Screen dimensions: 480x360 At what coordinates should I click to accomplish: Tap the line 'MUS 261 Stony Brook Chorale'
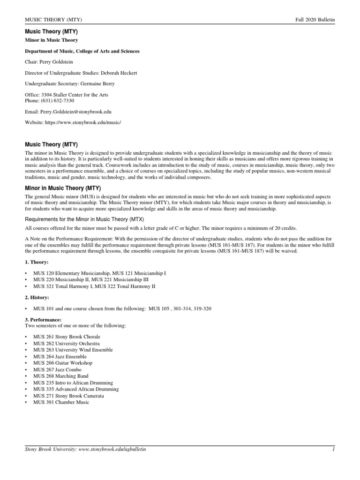point(67,337)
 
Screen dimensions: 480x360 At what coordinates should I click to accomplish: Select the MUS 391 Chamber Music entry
point(61,402)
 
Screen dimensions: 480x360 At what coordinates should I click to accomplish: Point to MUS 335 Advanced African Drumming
point(76,389)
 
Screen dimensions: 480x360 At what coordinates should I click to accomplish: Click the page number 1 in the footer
point(332,450)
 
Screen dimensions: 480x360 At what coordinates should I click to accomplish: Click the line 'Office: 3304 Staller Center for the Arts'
point(66,95)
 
